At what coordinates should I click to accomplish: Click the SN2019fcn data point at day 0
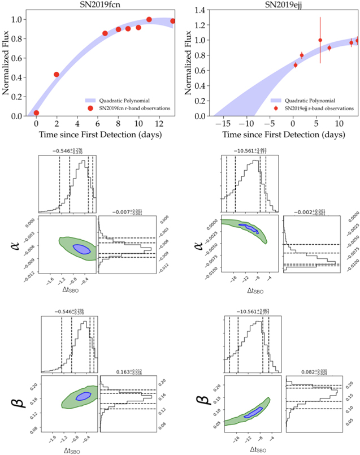click(x=37, y=113)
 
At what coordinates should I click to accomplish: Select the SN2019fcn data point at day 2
click(x=57, y=75)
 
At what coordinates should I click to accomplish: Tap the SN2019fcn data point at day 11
click(x=149, y=20)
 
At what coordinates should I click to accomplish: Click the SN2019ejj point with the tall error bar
click(x=320, y=40)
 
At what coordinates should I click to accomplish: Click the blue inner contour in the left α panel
click(x=82, y=249)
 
